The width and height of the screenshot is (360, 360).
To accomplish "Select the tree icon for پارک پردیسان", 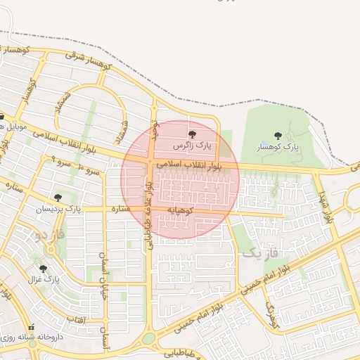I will (x=58, y=198).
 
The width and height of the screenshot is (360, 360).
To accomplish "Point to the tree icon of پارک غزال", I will (x=43, y=269).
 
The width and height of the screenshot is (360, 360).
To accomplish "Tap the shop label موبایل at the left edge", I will (x=13, y=129).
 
